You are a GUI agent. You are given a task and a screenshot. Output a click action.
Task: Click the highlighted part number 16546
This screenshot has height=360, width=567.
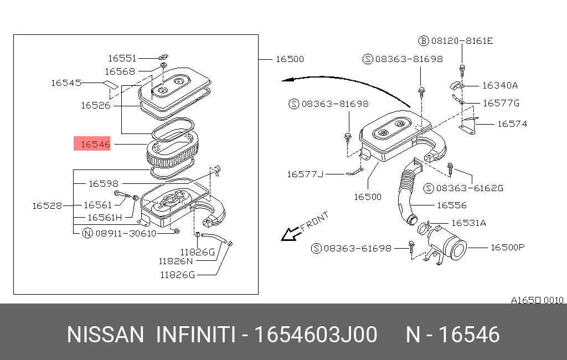95,145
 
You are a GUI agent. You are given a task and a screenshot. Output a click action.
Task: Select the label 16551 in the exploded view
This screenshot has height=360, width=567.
122,58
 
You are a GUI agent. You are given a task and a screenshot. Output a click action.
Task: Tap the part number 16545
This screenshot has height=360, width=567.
66,83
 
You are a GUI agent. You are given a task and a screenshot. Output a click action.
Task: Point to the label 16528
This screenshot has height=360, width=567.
47,205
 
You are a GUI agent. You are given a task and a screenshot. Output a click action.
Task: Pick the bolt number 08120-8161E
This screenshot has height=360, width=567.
462,40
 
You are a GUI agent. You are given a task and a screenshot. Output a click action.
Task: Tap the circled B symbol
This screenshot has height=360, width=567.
424,40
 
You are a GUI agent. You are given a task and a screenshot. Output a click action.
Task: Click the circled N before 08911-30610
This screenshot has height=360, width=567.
87,233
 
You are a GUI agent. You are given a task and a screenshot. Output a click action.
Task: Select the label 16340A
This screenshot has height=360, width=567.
499,85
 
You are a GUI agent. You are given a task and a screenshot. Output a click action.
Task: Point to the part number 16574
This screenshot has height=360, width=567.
512,124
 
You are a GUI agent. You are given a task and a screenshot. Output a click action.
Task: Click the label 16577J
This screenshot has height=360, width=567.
305,174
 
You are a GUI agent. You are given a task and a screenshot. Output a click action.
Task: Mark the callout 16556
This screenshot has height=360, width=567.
452,205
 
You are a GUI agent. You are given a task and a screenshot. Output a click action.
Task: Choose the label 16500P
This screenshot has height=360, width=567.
507,248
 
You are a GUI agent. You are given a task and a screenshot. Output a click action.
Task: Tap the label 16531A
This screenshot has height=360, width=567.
468,223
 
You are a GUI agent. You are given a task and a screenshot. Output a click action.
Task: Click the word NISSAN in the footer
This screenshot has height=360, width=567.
105,335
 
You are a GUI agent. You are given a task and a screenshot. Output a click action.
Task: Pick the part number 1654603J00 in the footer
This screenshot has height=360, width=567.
316,335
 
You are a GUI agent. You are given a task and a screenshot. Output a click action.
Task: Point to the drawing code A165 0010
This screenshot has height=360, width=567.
537,300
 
